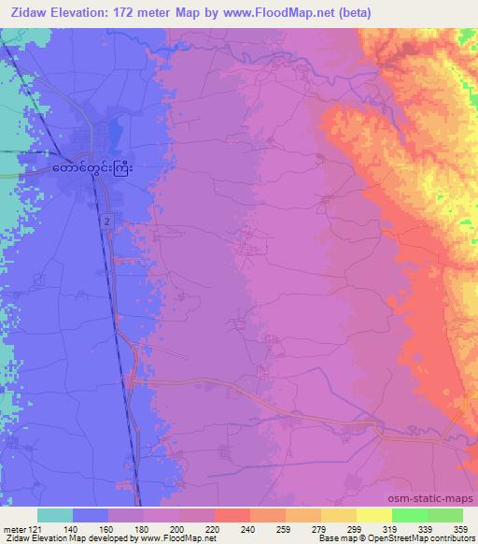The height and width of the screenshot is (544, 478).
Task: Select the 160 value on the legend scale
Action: coord(108,528)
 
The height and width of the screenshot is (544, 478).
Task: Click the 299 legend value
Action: coord(356,528)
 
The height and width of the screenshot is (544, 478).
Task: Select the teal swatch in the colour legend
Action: coord(55,515)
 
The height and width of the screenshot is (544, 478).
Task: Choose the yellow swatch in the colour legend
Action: coord(373,515)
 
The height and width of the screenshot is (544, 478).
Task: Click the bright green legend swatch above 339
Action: coord(409,515)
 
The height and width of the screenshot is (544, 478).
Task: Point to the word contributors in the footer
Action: coord(452,538)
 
